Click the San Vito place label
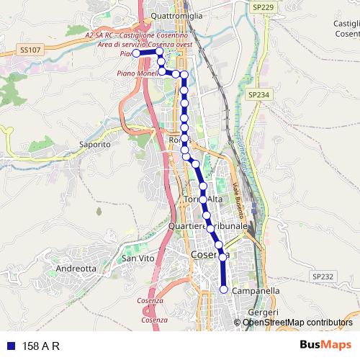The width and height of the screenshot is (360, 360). click(138, 258)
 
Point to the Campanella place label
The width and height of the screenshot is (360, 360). click(256, 291)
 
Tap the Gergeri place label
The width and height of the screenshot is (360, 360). click(262, 312)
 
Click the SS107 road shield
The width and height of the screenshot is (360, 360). click(31, 50)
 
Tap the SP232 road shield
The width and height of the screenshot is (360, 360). click(323, 276)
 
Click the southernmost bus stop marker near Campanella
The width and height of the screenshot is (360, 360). click(223, 289)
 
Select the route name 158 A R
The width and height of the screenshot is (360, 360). click(41, 346)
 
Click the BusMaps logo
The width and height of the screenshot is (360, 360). click(325, 346)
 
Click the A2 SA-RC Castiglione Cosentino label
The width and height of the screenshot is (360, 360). click(136, 35)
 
